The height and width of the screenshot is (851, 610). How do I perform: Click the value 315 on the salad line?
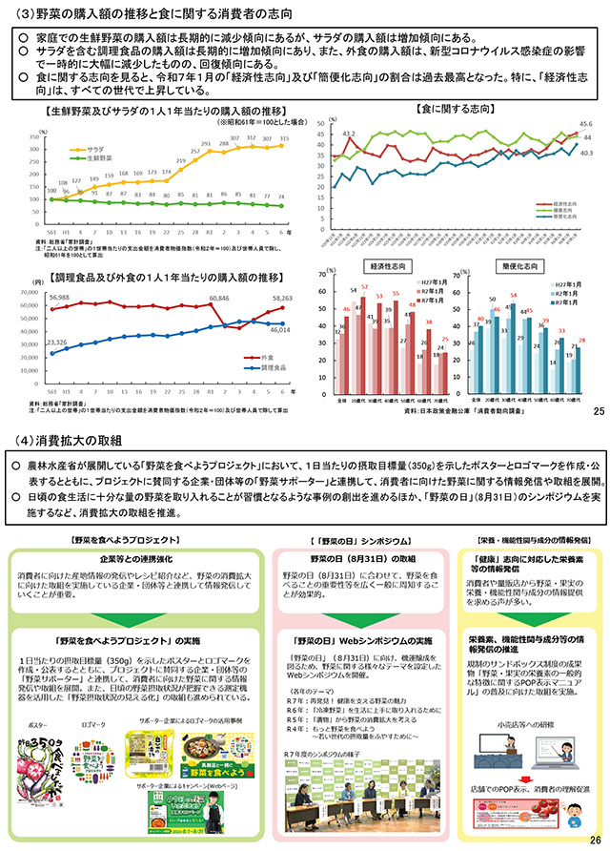[281, 137]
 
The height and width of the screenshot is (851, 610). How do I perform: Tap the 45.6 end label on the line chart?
[586, 124]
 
